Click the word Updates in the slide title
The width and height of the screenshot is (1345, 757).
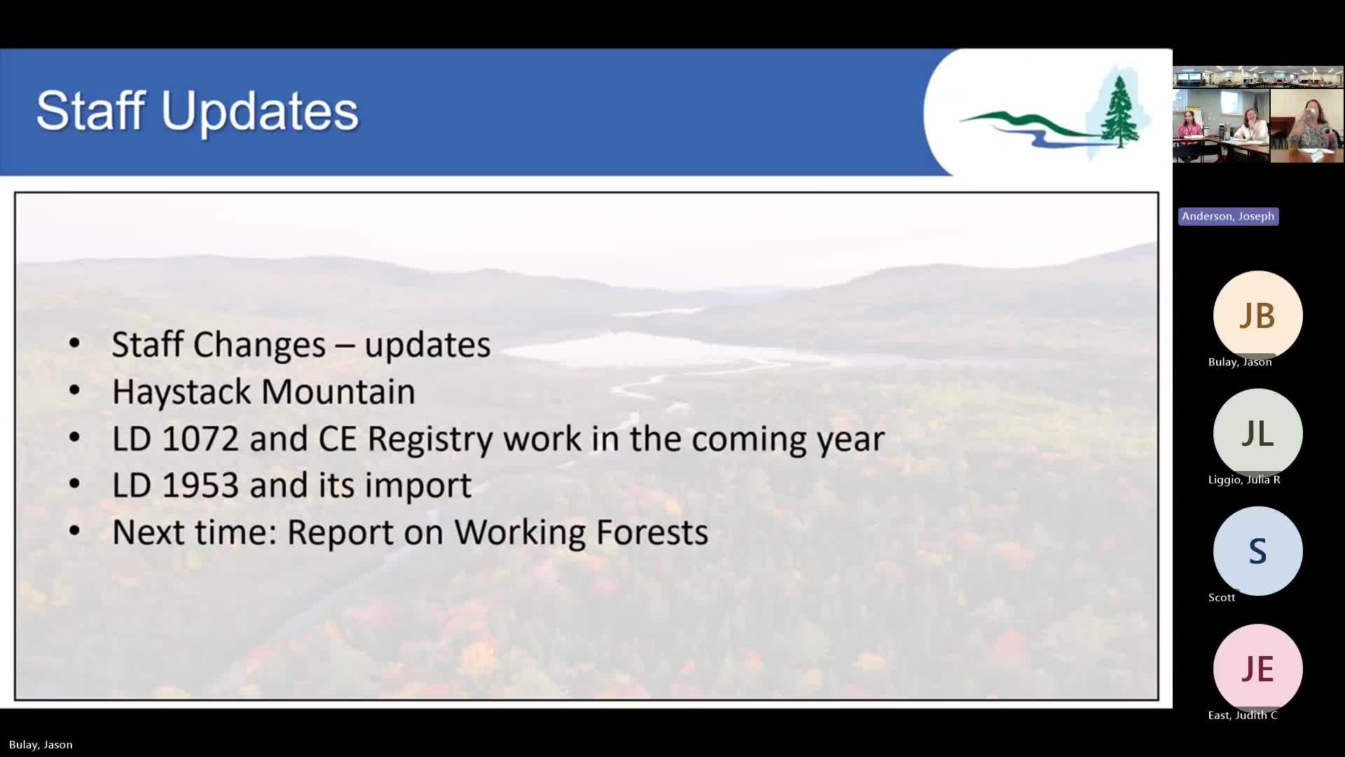coord(260,111)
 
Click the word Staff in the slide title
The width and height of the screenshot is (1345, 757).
coord(90,110)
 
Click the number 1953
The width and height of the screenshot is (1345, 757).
coord(200,485)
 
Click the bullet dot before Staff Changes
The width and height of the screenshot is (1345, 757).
coord(74,343)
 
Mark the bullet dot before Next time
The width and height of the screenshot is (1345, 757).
coord(74,531)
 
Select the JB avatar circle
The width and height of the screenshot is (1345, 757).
coord(1257,315)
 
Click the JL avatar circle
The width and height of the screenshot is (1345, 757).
coord(1257,433)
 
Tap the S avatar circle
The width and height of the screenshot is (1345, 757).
coord(1257,551)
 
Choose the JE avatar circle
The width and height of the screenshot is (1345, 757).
coord(1257,669)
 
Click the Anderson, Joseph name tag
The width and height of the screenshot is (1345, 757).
coord(1228,217)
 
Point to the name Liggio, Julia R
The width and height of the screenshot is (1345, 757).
coord(1244,480)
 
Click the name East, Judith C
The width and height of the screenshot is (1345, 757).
coord(1243,716)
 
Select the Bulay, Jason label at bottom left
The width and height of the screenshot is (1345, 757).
coord(41,745)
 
